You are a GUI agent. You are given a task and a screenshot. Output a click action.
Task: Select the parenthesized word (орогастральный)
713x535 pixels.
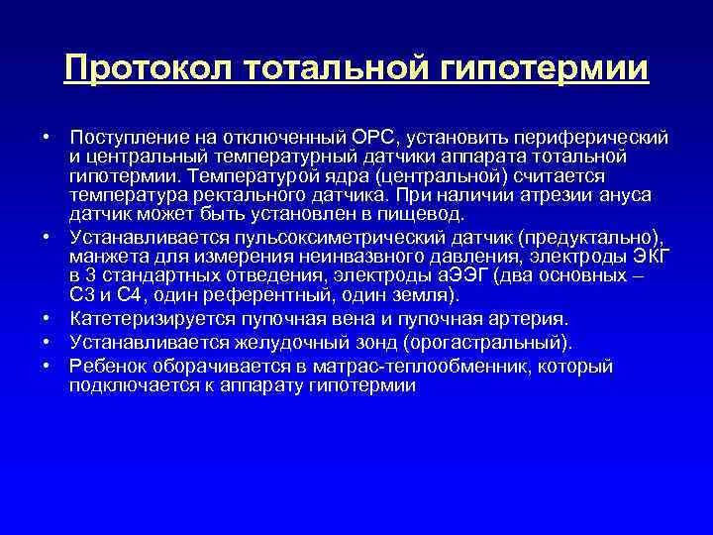[493, 343]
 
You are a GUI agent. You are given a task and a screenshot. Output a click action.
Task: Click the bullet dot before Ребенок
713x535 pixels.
[47, 367]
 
